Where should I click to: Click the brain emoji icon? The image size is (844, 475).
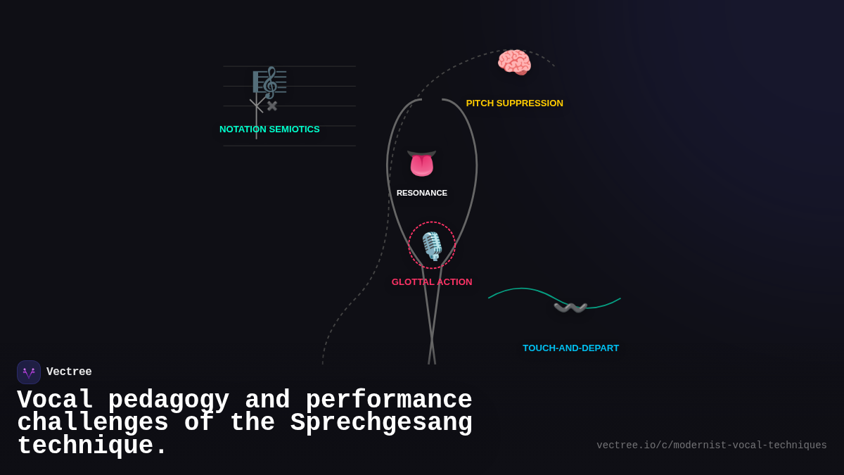[x=514, y=62]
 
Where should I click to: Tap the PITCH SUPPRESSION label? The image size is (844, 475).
[x=514, y=103]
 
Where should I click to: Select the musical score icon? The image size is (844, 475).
[x=270, y=82]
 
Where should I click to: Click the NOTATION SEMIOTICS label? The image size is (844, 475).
[x=269, y=129]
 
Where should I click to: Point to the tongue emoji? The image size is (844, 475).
[x=422, y=163]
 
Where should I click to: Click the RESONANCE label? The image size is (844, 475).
[x=422, y=193]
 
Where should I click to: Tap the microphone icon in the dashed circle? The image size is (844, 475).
[x=432, y=246]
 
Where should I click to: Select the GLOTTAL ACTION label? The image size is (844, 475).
[x=432, y=282]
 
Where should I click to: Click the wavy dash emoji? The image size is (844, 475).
[x=570, y=308]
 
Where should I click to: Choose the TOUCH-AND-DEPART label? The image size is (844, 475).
[x=570, y=348]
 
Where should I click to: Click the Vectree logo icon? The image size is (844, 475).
[x=29, y=372]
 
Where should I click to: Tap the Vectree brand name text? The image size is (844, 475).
[x=69, y=372]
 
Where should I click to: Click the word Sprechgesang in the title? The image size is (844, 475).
[x=381, y=423]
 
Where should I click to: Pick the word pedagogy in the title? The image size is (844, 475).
[x=169, y=400]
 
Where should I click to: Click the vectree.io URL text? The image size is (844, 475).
[x=711, y=445]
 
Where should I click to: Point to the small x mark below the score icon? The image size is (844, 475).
[x=272, y=106]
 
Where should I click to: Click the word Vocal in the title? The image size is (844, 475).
[x=55, y=400]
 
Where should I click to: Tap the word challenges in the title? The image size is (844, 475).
[x=93, y=423]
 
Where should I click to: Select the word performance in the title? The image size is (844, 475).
[x=388, y=400]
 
